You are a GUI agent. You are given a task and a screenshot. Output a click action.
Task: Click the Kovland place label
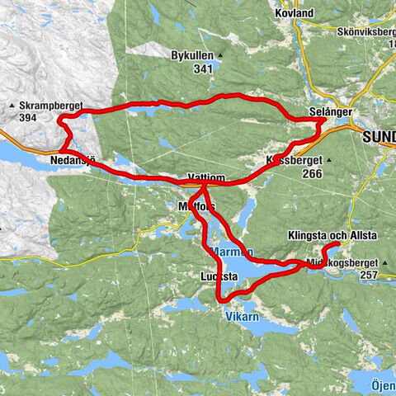point(295,13)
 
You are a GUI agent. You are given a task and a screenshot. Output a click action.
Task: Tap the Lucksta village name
point(219,276)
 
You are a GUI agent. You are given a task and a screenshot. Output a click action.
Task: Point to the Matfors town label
point(195,205)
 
